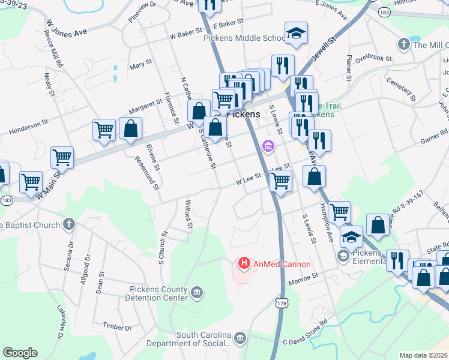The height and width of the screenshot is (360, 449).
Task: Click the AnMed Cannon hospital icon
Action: [x=244, y=263]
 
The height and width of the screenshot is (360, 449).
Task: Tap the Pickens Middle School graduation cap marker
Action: [x=296, y=34]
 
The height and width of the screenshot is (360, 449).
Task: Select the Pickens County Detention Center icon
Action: [x=197, y=293]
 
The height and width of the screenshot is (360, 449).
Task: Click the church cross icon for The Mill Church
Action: [x=403, y=44]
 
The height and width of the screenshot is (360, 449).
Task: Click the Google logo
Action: [x=20, y=353]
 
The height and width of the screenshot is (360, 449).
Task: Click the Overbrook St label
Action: [x=373, y=58]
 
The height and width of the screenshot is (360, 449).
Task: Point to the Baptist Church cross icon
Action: [x=68, y=225]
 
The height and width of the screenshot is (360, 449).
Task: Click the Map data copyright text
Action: [x=424, y=355]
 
